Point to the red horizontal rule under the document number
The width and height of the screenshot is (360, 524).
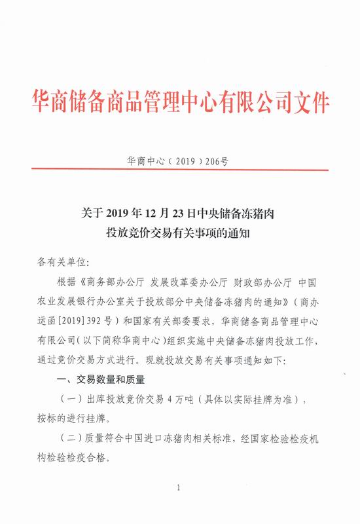pos(179,170)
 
